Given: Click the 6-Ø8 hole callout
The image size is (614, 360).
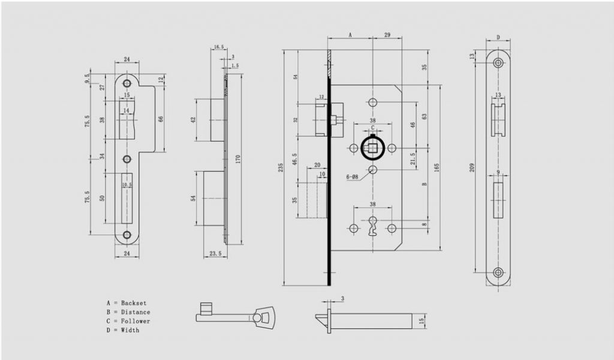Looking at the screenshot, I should coord(353,176).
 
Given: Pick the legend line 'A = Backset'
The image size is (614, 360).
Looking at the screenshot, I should coord(126,303).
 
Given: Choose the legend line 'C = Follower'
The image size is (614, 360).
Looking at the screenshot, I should coord(128,321).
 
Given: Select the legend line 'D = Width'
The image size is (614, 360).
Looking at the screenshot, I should coord(122,330).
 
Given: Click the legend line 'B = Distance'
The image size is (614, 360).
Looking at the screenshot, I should coord(128,312).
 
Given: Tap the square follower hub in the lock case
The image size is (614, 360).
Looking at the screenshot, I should coord(372,148).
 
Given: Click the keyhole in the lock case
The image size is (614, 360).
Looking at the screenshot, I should coord(372,229).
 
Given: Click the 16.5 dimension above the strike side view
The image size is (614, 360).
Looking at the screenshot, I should coord(218,46).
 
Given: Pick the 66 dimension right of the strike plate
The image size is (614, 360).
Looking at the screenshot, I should coord(161,119).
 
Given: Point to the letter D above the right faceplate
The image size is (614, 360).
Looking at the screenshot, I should coord(498,37).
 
